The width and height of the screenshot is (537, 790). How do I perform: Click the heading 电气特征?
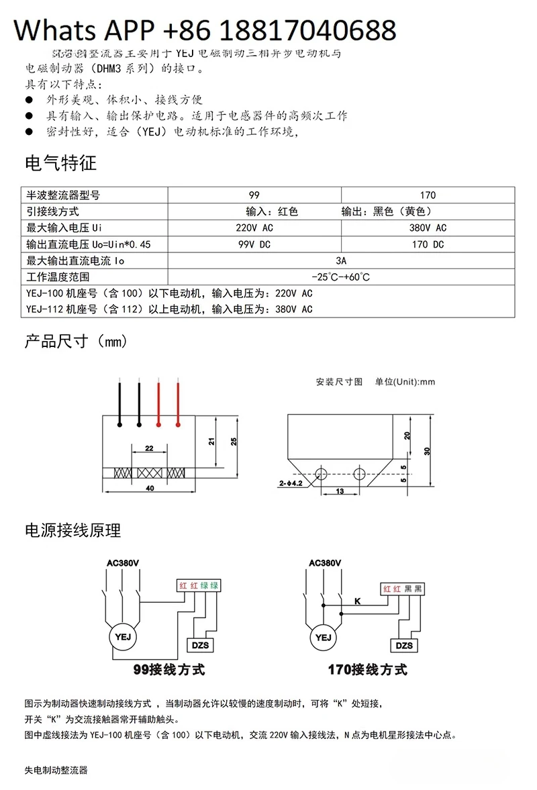60,163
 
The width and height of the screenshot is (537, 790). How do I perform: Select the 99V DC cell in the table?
254,244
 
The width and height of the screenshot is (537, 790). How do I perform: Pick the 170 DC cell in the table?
428,244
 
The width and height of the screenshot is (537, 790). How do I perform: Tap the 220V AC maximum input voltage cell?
254,228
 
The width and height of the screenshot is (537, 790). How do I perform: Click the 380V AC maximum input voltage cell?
428,228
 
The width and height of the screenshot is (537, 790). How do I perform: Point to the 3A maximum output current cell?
341,260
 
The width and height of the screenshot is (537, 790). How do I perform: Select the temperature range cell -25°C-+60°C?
341,277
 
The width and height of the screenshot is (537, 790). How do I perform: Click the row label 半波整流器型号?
63,195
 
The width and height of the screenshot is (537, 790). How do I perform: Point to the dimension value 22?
148,448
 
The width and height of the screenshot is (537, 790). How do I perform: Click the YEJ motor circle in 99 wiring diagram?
123,636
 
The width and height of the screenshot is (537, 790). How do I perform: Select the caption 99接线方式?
168,669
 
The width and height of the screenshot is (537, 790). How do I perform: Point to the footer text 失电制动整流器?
56,770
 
